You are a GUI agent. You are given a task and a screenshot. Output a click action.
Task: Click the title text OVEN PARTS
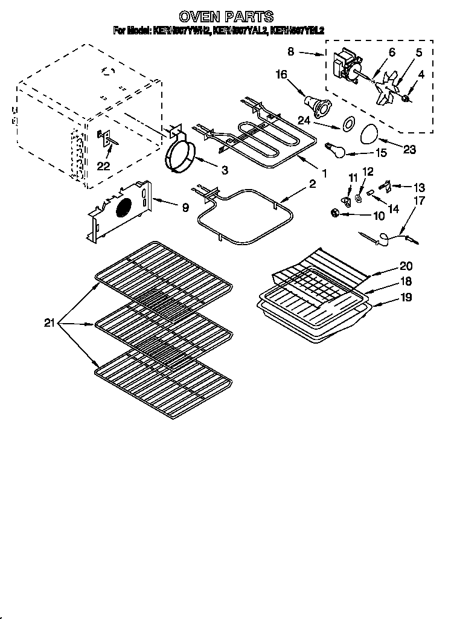coord(227,16)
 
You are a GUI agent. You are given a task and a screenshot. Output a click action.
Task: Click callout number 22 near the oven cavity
coord(104,166)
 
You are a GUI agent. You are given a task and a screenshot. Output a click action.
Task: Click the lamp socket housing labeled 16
coord(318,105)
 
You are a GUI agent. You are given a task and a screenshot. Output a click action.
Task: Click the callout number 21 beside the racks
coord(50,324)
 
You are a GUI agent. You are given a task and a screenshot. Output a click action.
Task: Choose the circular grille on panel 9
coord(123,207)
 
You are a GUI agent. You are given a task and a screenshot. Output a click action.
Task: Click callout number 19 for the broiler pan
coord(406,297)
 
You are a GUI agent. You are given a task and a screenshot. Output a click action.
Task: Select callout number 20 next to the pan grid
coord(406,265)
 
